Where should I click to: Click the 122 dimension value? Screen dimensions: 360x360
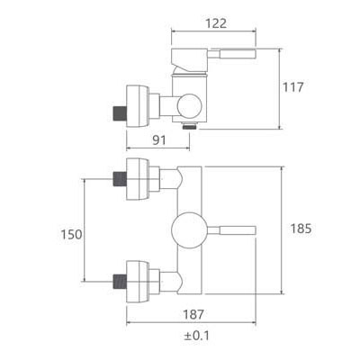click(216, 23)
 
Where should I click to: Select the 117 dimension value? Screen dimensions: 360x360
click(293, 87)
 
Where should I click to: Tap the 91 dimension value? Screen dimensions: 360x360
click(159, 139)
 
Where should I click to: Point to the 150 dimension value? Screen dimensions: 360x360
click(71, 234)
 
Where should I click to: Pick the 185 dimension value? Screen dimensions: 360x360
click(301, 229)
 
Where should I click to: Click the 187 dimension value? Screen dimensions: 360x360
click(193, 314)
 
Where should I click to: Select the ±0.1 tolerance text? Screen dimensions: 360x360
click(196, 336)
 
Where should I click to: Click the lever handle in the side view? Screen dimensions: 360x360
click(232, 54)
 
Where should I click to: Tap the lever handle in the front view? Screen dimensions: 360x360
click(231, 230)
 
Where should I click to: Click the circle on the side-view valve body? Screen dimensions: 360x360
click(189, 106)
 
